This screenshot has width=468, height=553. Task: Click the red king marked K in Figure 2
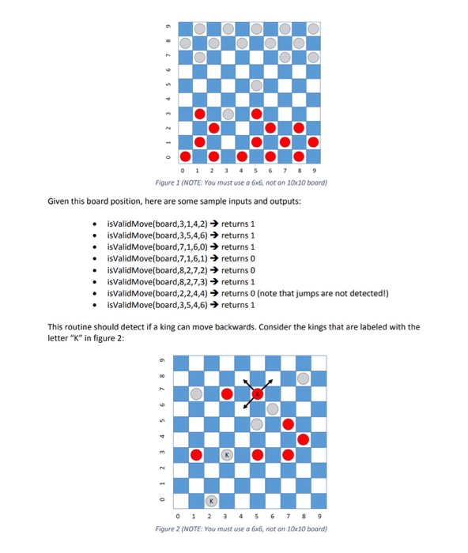click(257, 393)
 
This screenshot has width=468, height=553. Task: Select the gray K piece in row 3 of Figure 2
click(227, 455)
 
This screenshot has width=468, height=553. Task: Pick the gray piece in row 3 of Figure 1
click(228, 114)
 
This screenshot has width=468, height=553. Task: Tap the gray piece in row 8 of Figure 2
click(303, 378)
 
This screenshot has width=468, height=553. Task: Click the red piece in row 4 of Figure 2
click(303, 439)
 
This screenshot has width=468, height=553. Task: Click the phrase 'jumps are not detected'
click(357, 292)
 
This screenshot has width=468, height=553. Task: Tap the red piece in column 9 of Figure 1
click(314, 142)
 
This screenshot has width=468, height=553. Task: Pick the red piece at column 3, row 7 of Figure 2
click(227, 393)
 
